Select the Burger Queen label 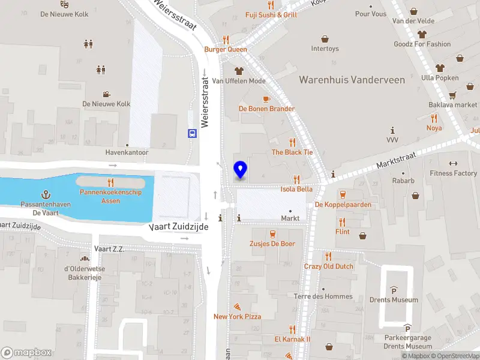click(226, 49)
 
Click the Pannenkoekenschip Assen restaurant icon click(110, 182)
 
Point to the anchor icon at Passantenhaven click(45, 194)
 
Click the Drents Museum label click(394, 300)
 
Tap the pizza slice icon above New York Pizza click(238, 306)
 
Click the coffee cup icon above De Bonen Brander click(266, 99)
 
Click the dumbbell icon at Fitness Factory click(453, 163)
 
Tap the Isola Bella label click(296, 189)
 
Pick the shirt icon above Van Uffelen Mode click(239, 71)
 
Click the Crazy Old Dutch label click(329, 266)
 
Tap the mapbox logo click(26, 353)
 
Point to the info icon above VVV click(392, 130)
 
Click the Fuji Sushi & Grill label click(271, 14)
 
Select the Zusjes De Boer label click(272, 244)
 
